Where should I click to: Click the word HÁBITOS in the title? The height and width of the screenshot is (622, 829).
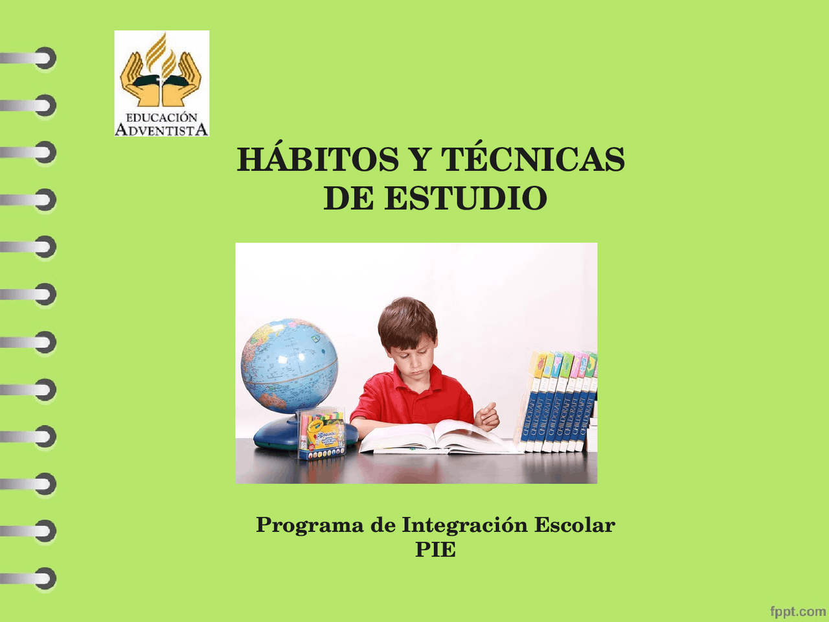click(x=317, y=159)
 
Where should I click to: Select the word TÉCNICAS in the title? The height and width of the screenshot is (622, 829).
click(x=532, y=159)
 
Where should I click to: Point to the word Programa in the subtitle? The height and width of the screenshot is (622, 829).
click(x=309, y=525)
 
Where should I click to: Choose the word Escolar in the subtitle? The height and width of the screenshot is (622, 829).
click(x=574, y=525)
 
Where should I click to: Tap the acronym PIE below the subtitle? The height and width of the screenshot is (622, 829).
click(x=435, y=549)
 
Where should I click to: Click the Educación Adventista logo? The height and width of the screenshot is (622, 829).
click(x=161, y=83)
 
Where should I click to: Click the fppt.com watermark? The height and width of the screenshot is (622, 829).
click(x=797, y=611)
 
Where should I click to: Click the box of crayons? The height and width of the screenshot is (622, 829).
click(x=321, y=434)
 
